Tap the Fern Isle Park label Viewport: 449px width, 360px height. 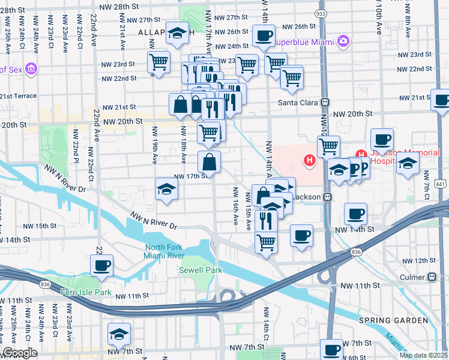(86, 292)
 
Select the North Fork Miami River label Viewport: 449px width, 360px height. (167, 252)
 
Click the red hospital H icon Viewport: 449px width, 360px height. (310, 160)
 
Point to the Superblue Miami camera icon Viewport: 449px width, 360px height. (343, 41)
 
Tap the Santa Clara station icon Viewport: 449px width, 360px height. (325, 103)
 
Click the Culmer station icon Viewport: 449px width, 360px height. (430, 277)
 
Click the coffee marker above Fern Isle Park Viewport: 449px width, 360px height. (101, 265)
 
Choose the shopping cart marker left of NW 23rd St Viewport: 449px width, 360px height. (158, 61)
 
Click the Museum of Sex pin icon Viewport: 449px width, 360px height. (31, 70)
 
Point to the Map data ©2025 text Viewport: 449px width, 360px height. (423, 355)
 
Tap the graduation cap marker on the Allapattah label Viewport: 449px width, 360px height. (177, 35)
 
